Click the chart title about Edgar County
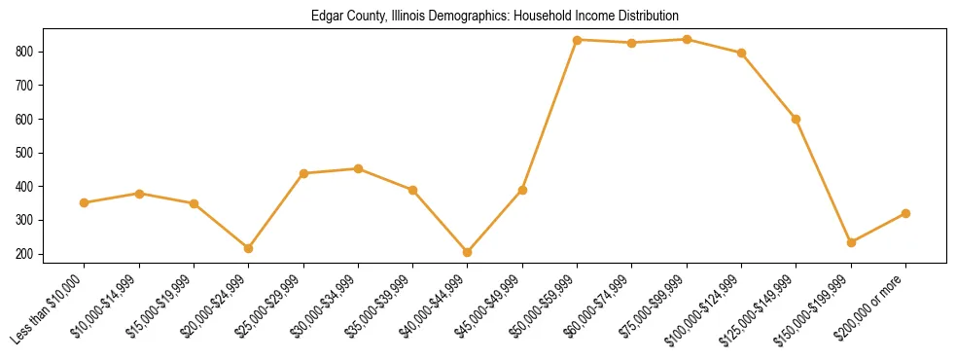pos(494,17)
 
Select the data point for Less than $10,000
pos(85,202)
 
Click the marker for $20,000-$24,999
pos(249,248)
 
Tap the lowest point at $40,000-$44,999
pos(468,252)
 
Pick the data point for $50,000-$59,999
pos(578,40)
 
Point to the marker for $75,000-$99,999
pos(688,39)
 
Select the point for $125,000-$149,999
pos(797,119)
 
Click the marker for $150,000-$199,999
pos(851,242)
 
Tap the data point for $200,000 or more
pos(905,213)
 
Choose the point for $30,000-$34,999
pos(359,168)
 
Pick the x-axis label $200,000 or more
pos(871,306)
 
